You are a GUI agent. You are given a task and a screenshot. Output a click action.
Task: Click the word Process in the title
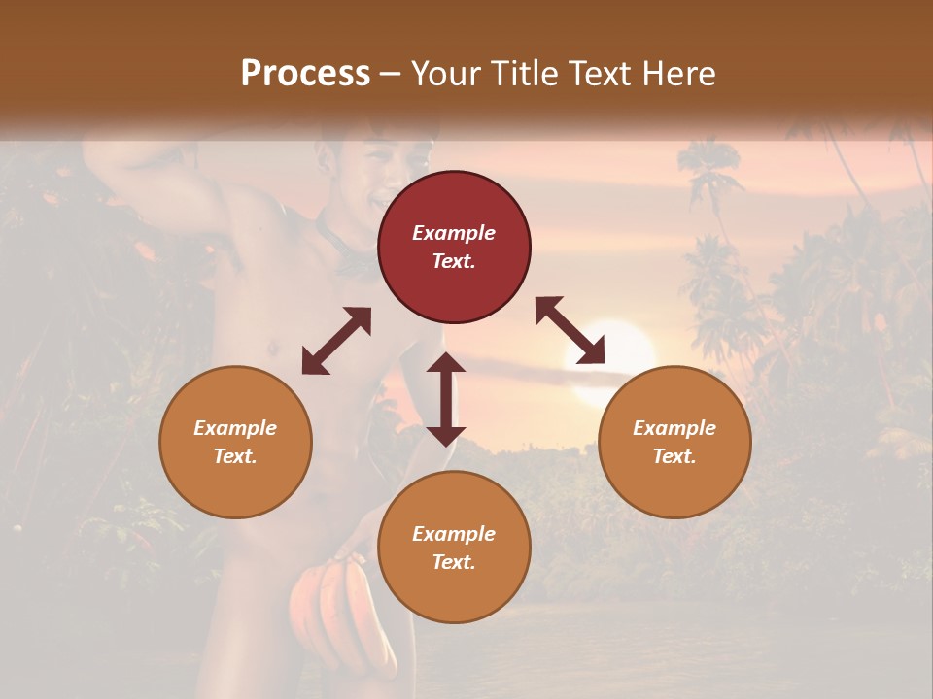pos(305,74)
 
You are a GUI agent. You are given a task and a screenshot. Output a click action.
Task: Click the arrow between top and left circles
pos(336,341)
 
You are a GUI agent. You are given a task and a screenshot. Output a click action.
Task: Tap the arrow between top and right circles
pos(570,331)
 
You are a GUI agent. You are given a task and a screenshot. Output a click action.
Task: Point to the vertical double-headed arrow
pos(446,399)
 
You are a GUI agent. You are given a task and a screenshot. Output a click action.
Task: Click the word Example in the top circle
pos(454,233)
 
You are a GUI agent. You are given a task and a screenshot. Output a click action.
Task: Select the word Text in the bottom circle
pos(454,562)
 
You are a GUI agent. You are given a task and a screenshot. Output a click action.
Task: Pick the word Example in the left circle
pos(235,428)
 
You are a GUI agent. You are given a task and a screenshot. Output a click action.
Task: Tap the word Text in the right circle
pos(674,456)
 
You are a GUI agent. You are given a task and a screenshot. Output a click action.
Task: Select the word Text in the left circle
pos(235,456)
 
